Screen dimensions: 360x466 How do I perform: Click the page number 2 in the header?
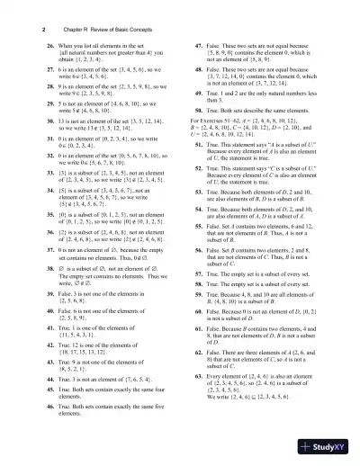click(x=19, y=29)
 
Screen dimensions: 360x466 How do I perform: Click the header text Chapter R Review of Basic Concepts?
click(x=86, y=29)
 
